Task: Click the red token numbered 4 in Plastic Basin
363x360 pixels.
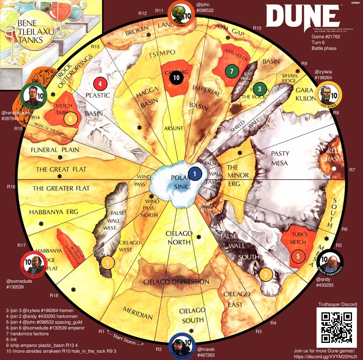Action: (x=101, y=83)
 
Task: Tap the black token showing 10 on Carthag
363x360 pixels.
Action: (x=176, y=77)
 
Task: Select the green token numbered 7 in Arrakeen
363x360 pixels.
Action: (x=232, y=71)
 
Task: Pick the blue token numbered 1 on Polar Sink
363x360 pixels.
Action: (x=195, y=174)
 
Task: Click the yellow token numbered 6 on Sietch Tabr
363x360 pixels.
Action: (x=70, y=119)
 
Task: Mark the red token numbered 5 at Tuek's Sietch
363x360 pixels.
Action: (x=298, y=256)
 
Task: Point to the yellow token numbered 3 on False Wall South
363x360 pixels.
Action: (x=266, y=274)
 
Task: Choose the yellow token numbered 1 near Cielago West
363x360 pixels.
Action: (x=107, y=262)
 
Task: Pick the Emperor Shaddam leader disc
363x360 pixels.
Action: (x=34, y=264)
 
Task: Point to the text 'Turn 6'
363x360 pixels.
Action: (x=318, y=42)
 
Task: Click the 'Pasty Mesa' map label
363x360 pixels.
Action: (x=280, y=158)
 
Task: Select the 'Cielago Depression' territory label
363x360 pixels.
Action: (x=176, y=282)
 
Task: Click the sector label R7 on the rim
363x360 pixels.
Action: (x=352, y=170)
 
